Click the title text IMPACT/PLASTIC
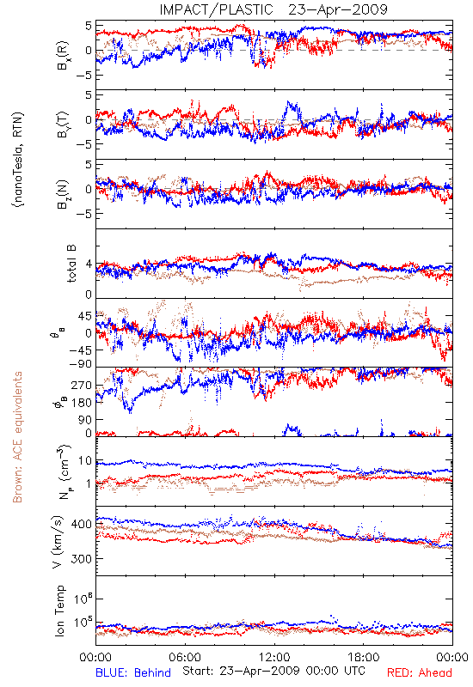[x=216, y=9]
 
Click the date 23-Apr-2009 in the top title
[x=338, y=9]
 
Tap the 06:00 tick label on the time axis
[x=185, y=657]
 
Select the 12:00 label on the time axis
[x=274, y=657]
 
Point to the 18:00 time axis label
[x=364, y=657]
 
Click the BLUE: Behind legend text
[x=133, y=673]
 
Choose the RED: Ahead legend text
[x=420, y=673]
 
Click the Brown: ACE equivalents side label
[x=17, y=437]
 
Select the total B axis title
[x=71, y=264]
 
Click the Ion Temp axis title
[x=59, y=611]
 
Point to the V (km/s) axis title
[x=58, y=542]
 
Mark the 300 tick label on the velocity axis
[x=82, y=559]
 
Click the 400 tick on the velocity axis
[x=82, y=524]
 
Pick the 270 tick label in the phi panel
[x=82, y=385]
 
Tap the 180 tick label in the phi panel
[x=82, y=403]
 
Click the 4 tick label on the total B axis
[x=89, y=264]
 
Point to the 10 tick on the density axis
[x=85, y=461]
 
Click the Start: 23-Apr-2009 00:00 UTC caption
[x=273, y=671]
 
